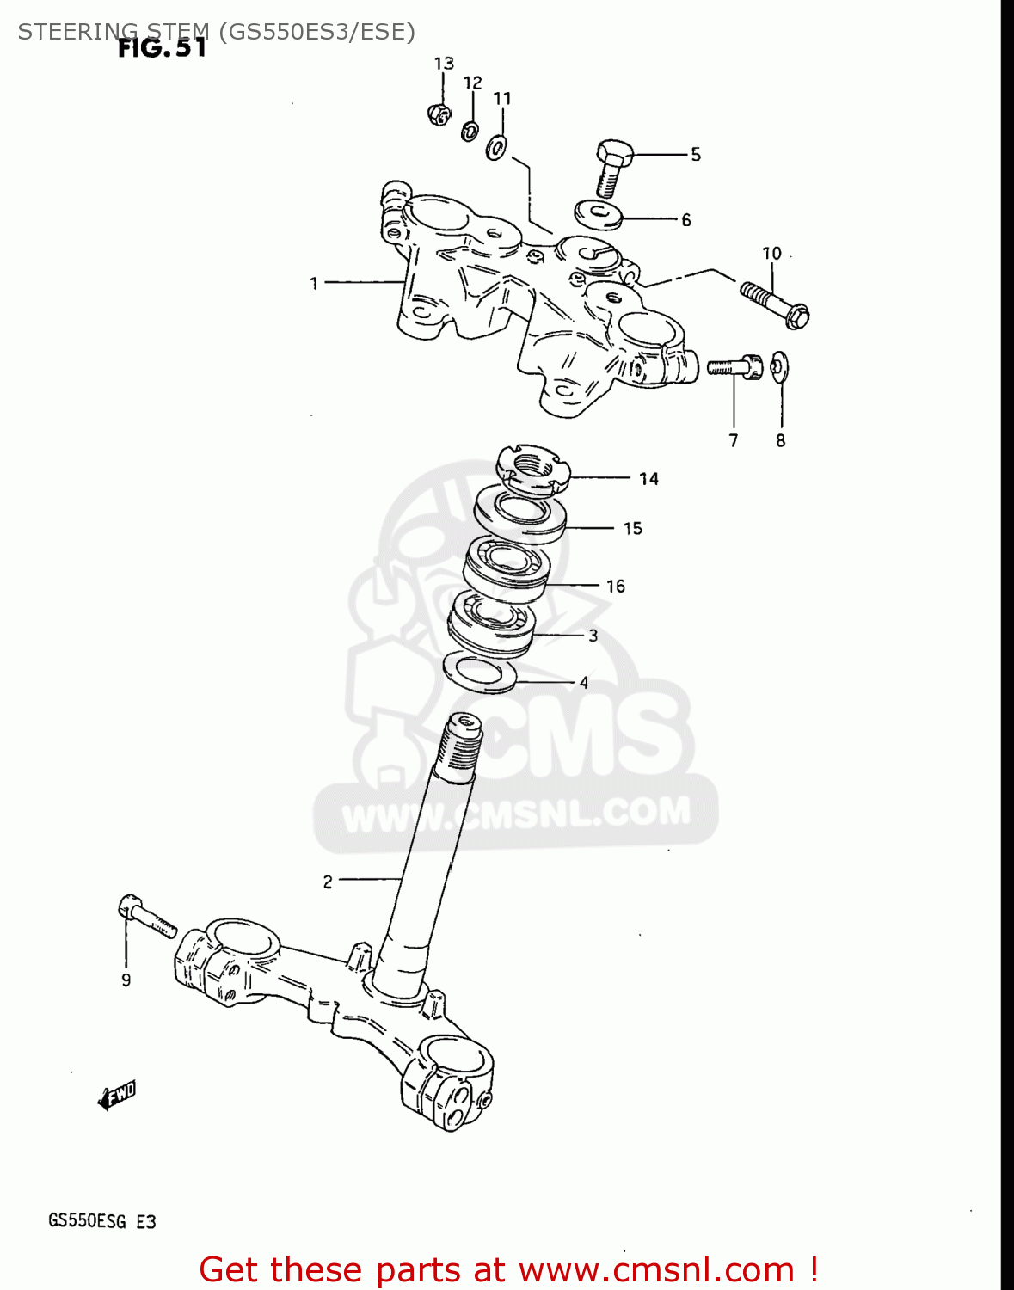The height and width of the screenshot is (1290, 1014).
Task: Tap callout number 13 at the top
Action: coord(444,64)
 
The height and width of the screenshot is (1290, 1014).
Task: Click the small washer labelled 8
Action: coord(779,366)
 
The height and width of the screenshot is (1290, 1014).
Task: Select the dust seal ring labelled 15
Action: coord(520,513)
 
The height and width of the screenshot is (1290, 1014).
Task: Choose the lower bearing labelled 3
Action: coord(492,623)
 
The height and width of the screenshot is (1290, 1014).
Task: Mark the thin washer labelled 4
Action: coord(480,672)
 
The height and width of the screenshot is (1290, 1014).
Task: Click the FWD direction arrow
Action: coord(117,1096)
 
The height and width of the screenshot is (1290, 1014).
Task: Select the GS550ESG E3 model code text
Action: coord(102,1221)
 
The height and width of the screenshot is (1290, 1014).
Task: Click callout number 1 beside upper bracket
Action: coord(314,283)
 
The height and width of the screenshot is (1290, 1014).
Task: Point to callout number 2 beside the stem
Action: coord(328,881)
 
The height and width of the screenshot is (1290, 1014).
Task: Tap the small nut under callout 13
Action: coord(439,114)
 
